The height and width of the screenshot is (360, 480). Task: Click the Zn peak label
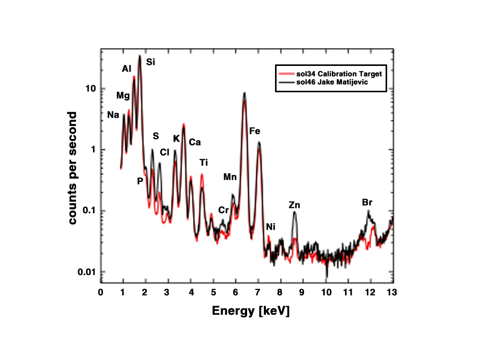coord(294,205)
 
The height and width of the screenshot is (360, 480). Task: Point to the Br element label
coord(367,202)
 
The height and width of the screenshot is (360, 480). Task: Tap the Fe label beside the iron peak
coord(254,131)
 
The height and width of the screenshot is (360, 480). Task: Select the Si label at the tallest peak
coord(151,62)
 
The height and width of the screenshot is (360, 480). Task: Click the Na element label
coord(113,115)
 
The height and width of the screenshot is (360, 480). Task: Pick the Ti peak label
coord(203,162)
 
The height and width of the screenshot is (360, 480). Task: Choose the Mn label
coord(230,177)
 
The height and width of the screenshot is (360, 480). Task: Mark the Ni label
coord(270,227)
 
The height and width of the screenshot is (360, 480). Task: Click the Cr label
coord(224,210)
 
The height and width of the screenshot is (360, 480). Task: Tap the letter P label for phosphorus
coord(140,181)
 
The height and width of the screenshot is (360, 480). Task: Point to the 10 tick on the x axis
coord(326,293)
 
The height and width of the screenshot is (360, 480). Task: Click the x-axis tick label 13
coord(391,293)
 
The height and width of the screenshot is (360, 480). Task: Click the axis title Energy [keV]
coord(251,311)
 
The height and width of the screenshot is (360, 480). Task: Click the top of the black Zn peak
coord(294,212)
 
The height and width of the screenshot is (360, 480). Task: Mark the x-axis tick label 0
coord(101,293)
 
